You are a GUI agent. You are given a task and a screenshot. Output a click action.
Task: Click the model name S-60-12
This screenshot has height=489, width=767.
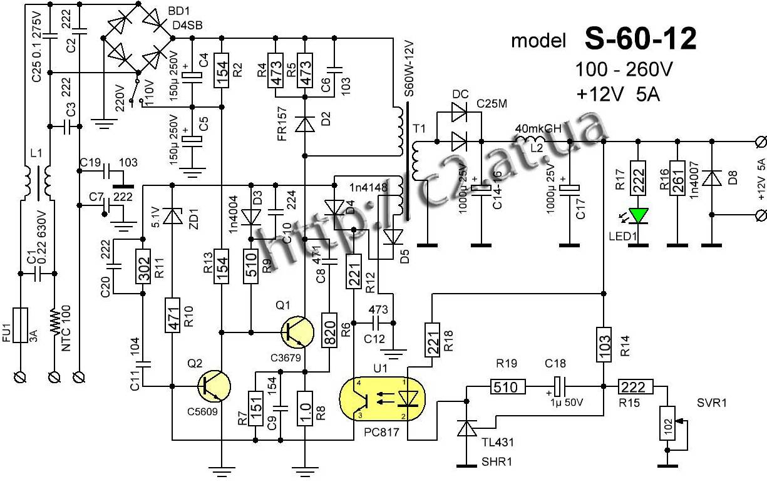tap(640, 39)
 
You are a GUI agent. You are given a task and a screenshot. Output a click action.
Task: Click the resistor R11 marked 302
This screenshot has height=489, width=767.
tap(143, 267)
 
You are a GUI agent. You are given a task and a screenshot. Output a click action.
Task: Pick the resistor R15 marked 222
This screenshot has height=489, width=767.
tap(636, 386)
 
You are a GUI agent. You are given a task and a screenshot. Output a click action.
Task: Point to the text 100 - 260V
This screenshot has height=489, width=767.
tap(624, 69)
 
